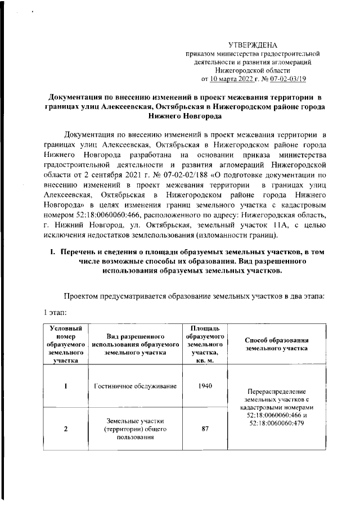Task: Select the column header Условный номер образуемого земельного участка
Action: pyautogui.click(x=66, y=344)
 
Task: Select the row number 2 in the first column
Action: pyautogui.click(x=66, y=429)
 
